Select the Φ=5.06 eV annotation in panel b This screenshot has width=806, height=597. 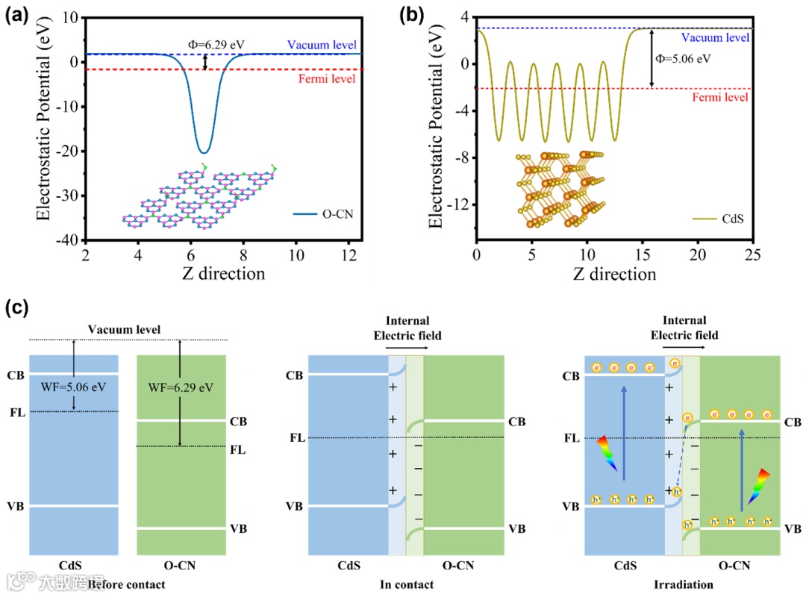click(681, 57)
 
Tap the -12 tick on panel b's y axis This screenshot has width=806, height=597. click(454, 205)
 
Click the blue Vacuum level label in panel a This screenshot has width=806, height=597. click(325, 46)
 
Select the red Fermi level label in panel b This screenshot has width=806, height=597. click(719, 97)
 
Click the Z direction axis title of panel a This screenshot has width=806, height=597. click(223, 273)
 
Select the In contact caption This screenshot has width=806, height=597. click(407, 584)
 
